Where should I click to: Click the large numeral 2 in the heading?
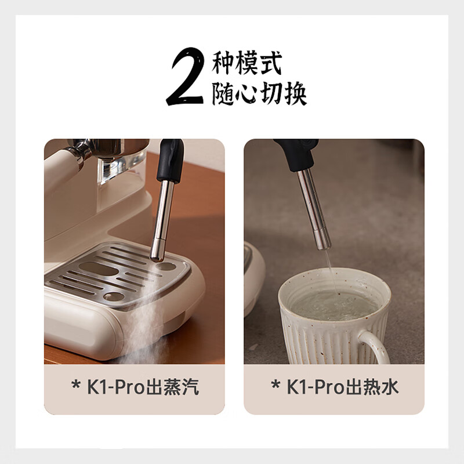coord(185,78)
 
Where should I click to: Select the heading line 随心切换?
coord(259,93)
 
